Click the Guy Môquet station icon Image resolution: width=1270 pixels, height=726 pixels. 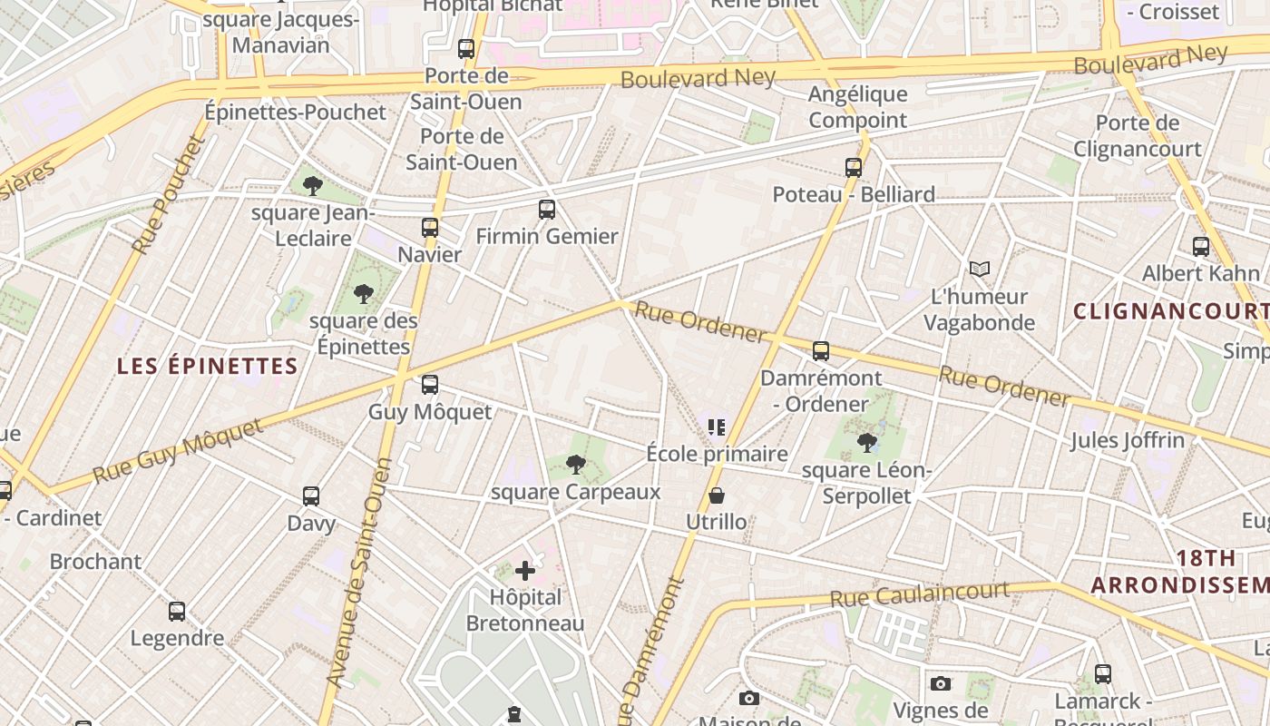430,385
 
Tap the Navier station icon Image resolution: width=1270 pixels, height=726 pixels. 430,228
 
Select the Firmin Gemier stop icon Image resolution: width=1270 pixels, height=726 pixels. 547,210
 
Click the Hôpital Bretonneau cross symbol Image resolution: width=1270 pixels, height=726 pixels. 525,571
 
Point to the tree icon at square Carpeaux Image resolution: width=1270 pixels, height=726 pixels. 575,466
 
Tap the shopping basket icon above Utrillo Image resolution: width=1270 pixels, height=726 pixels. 717,495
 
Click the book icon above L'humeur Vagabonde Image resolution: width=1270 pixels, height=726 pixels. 979,269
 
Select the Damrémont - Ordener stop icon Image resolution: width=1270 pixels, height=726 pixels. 821,351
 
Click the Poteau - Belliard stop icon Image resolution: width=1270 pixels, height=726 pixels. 854,168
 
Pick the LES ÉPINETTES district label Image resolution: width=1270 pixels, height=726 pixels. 208,367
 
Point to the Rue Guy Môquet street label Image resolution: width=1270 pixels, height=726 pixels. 178,450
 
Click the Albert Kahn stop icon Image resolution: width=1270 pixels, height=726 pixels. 1201,247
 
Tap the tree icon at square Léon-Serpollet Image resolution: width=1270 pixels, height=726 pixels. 867,443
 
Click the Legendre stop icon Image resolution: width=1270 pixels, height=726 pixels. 177,612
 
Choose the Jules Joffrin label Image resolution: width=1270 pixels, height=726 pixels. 1128,441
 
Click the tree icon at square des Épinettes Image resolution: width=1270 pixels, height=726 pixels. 364,294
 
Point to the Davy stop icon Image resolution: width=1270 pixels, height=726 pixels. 311,496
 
